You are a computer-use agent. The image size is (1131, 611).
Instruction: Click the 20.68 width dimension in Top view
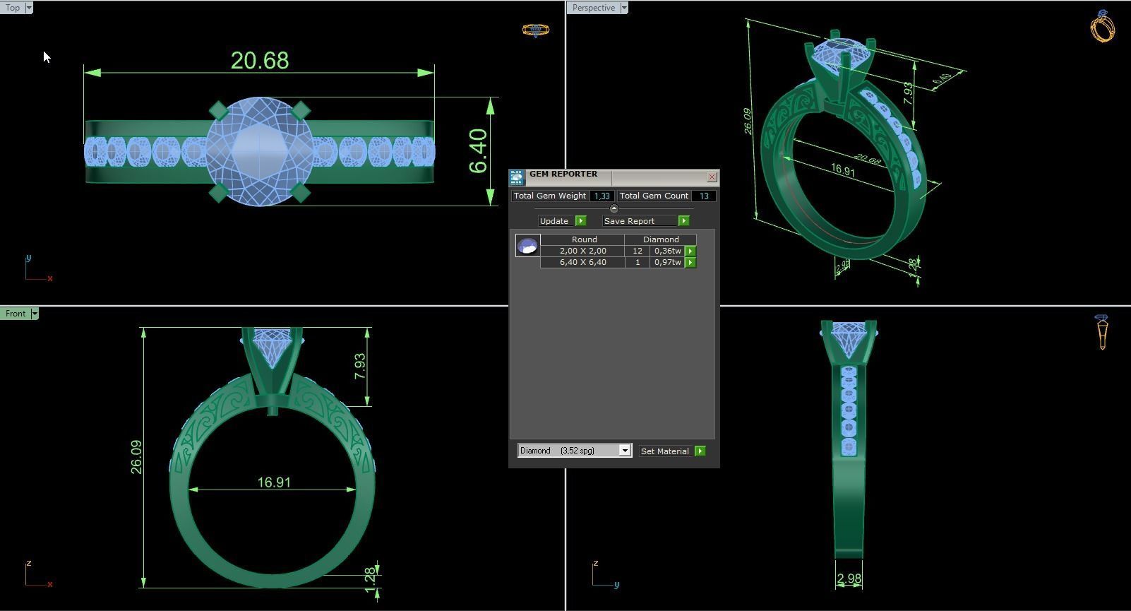pyautogui.click(x=260, y=61)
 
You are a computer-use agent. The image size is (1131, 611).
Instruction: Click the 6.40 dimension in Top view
pyautogui.click(x=478, y=150)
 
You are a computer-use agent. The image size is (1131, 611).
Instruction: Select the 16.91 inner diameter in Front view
pyautogui.click(x=274, y=482)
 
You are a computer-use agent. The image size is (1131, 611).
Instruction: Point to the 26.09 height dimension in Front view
pyautogui.click(x=136, y=457)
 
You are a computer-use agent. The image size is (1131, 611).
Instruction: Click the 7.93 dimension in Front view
pyautogui.click(x=360, y=366)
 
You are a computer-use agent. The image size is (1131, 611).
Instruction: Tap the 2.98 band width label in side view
pyautogui.click(x=849, y=579)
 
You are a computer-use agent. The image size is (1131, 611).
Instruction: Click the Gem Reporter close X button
pyautogui.click(x=712, y=177)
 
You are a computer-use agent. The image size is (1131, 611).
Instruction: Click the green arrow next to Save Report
pyautogui.click(x=683, y=221)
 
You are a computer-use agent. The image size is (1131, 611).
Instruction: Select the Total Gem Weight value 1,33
pyautogui.click(x=602, y=196)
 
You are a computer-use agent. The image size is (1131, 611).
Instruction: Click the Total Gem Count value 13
pyautogui.click(x=703, y=196)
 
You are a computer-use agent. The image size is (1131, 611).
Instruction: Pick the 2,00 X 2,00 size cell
pyautogui.click(x=582, y=251)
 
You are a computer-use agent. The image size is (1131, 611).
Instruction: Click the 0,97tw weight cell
pyautogui.click(x=666, y=262)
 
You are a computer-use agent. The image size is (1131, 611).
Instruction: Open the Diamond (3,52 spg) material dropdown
pyautogui.click(x=625, y=451)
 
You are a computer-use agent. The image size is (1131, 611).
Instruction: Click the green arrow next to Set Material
pyautogui.click(x=700, y=451)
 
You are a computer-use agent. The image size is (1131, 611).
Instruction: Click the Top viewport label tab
pyautogui.click(x=13, y=8)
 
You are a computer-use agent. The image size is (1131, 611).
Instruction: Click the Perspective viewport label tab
pyautogui.click(x=593, y=8)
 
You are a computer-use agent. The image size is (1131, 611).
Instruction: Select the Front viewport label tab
pyautogui.click(x=15, y=314)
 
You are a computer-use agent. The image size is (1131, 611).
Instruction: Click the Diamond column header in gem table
pyautogui.click(x=661, y=239)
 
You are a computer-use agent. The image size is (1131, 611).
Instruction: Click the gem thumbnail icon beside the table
pyautogui.click(x=527, y=246)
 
